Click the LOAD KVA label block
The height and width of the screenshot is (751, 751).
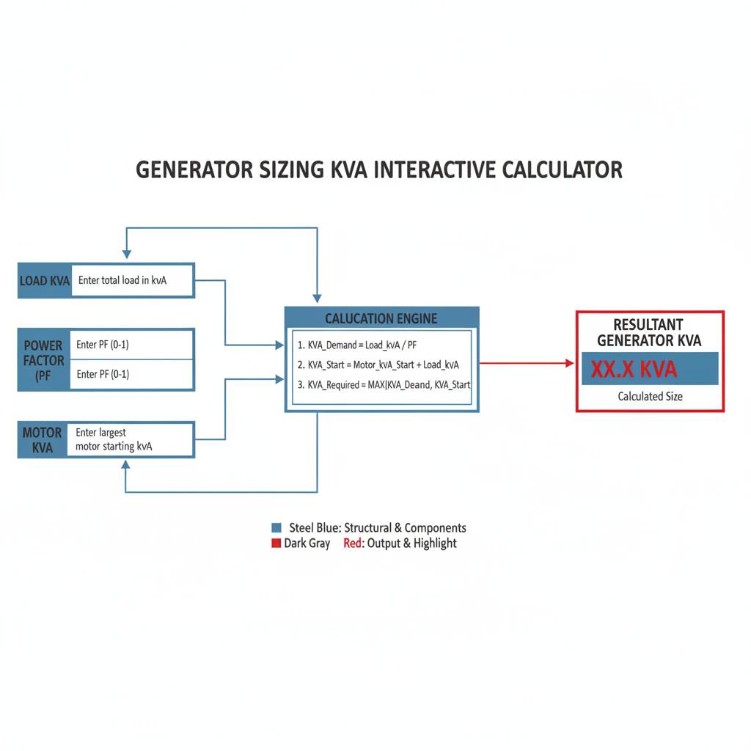click(x=44, y=280)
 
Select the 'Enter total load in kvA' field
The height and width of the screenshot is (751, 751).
click(x=132, y=280)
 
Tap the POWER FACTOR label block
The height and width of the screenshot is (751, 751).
click(x=44, y=360)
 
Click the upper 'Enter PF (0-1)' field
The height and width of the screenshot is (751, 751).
click(x=132, y=345)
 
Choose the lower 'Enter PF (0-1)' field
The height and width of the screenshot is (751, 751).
click(x=132, y=375)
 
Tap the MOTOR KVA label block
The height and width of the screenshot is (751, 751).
click(x=43, y=440)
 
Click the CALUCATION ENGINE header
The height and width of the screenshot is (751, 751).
click(x=381, y=318)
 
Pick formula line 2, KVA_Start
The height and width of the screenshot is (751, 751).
click(x=378, y=364)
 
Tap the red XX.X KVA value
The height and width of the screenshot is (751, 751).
click(x=634, y=369)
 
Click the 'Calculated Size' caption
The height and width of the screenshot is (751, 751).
click(x=650, y=396)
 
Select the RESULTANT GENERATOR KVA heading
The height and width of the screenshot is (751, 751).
click(x=649, y=332)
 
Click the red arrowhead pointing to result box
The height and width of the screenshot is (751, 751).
click(x=569, y=363)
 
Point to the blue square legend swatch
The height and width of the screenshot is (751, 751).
click(x=276, y=528)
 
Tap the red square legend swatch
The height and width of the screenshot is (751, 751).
click(x=276, y=543)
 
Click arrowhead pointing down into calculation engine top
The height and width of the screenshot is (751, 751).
click(x=317, y=299)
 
